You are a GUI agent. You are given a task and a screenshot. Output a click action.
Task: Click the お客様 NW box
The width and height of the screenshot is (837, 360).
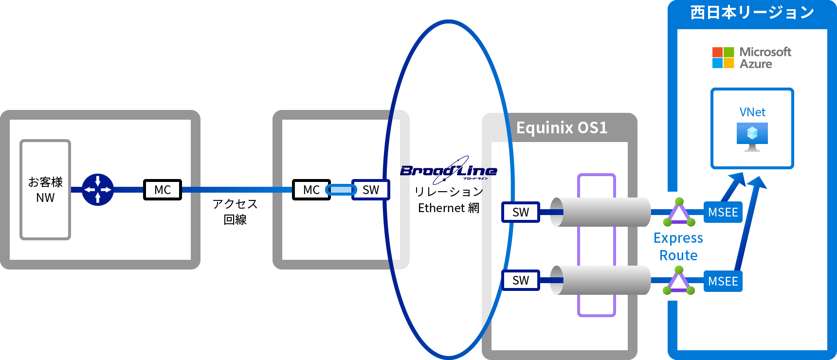[45, 190]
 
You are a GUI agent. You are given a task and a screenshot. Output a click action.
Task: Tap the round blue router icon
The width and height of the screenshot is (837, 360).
[98, 190]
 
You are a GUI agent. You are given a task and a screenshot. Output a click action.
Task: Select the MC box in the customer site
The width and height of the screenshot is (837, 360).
[163, 190]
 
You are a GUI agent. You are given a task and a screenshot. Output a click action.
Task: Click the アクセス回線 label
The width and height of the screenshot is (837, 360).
[235, 212]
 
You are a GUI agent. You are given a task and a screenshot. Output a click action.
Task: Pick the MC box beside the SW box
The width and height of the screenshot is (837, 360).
[311, 190]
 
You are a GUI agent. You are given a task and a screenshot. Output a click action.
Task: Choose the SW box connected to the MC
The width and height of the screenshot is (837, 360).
[371, 190]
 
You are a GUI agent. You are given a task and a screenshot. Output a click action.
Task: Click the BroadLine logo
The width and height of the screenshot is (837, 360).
[448, 170]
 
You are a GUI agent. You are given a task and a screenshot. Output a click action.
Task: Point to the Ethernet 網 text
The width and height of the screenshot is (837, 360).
[448, 208]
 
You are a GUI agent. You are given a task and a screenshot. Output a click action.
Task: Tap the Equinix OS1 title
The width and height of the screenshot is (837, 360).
[562, 127]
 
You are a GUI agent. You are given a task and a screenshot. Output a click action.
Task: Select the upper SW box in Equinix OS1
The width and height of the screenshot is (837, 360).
[521, 212]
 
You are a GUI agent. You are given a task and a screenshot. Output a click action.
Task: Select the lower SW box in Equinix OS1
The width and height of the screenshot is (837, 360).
[521, 280]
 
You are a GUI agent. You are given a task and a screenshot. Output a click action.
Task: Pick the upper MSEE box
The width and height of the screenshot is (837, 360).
[723, 212]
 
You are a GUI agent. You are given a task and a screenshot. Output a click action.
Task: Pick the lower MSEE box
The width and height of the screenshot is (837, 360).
[723, 281]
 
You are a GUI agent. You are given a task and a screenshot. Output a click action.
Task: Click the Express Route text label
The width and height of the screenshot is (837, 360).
[678, 247]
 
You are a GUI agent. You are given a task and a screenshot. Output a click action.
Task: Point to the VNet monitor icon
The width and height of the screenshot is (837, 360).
[752, 136]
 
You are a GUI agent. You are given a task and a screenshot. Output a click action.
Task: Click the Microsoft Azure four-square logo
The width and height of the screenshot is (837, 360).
[723, 57]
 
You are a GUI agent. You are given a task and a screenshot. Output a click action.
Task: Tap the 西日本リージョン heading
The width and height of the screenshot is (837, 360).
[752, 13]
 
